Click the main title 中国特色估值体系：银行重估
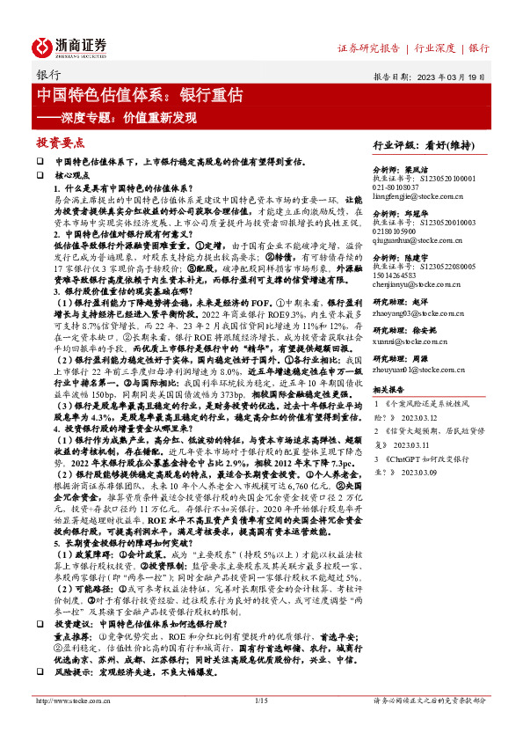click(140, 95)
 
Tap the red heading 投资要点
click(61, 142)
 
